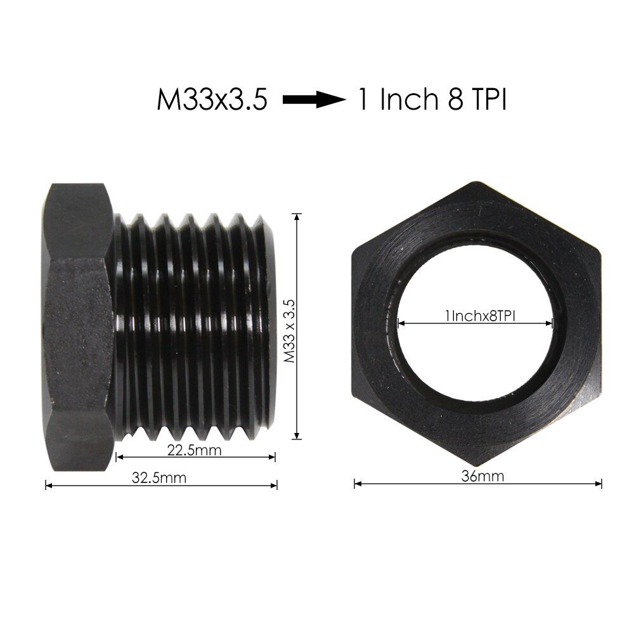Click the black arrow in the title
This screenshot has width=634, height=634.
pos(313,100)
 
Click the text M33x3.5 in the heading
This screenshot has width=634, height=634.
pos(212,100)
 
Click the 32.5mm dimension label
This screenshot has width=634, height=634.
pos(159,477)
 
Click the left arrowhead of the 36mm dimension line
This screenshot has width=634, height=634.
pos(357,484)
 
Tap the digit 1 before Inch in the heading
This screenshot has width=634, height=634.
pos(363,100)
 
